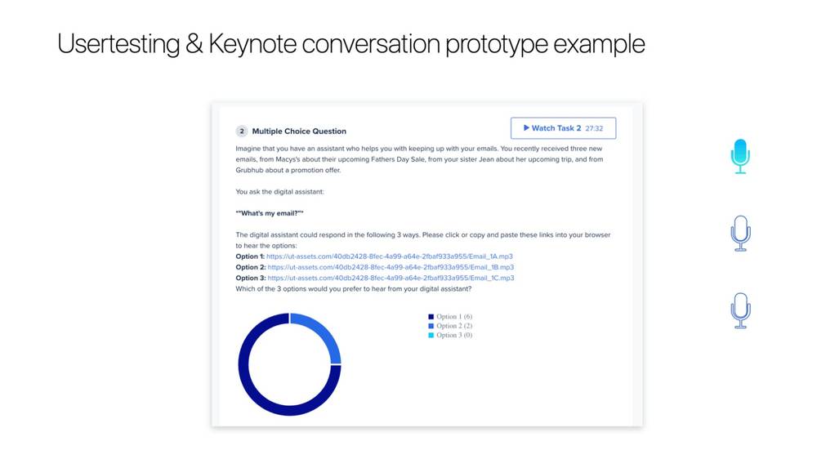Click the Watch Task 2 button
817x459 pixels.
tap(563, 128)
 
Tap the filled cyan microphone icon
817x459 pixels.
tap(740, 156)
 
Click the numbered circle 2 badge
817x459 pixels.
tap(241, 131)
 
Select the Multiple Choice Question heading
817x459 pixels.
tap(299, 131)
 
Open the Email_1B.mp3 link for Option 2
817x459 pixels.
tap(391, 267)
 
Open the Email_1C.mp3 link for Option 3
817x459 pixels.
tap(391, 278)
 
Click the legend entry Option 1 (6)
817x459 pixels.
tap(453, 316)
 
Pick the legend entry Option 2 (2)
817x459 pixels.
tap(453, 326)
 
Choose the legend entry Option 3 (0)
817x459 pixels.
tap(453, 335)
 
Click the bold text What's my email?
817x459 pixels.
tap(270, 213)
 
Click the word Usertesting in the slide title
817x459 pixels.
tap(118, 44)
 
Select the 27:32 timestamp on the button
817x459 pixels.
tap(594, 128)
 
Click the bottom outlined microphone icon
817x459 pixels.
tap(740, 310)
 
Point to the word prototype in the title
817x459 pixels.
tap(497, 44)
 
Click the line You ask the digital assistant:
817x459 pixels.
tap(279, 192)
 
